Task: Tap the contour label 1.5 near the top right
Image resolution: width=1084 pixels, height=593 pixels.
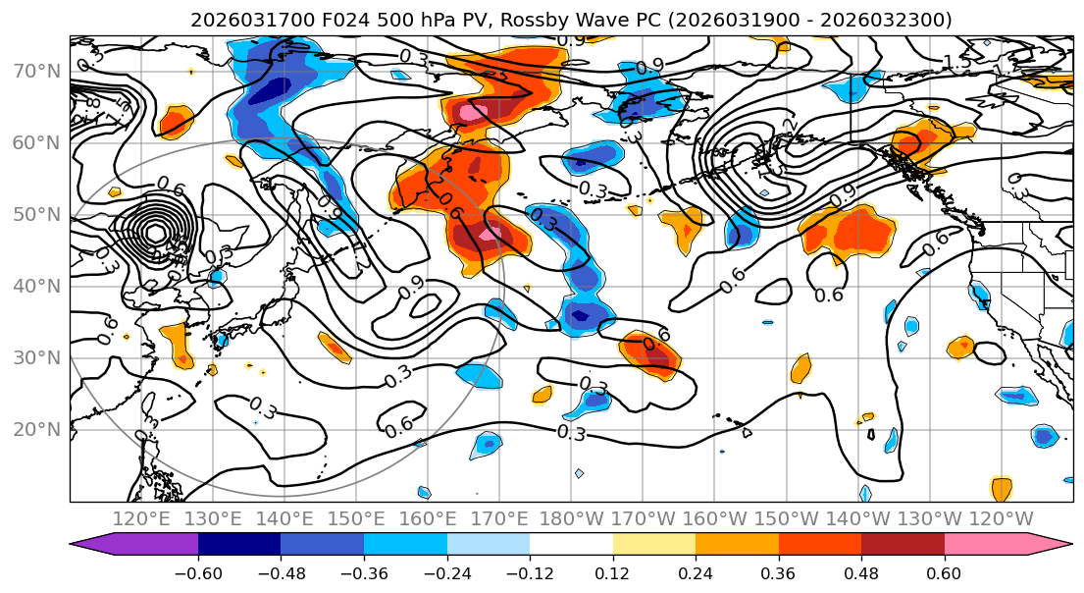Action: (x=956, y=63)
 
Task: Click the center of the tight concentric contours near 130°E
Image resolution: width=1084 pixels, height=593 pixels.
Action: (x=154, y=233)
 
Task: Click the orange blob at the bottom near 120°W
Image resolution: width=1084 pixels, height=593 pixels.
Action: (x=1001, y=487)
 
